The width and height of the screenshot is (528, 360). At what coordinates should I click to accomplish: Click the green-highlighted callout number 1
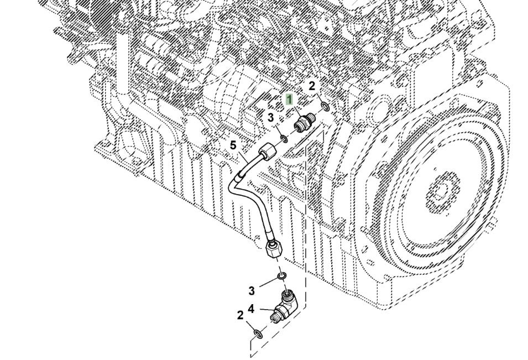pos(289,99)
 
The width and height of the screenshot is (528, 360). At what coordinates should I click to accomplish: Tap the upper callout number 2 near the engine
pos(312,86)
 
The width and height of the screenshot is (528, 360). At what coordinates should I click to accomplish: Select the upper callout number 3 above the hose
pos(270,117)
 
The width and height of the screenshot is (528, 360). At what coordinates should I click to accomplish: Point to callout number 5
pos(233,145)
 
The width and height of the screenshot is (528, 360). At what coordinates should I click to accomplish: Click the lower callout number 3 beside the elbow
pos(252,291)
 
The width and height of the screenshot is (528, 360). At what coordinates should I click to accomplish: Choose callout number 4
pos(251,309)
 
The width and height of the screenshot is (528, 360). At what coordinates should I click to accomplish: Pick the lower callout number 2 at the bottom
pos(240,315)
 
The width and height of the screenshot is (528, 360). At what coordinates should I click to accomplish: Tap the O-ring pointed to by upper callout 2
pos(326,105)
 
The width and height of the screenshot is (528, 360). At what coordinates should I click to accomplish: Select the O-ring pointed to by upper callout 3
pos(284,137)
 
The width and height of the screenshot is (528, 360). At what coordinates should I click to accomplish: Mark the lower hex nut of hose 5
pos(272,249)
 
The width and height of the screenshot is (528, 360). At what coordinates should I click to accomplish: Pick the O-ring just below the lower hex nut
pos(282,275)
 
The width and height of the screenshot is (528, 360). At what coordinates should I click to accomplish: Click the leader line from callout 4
pos(264,310)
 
